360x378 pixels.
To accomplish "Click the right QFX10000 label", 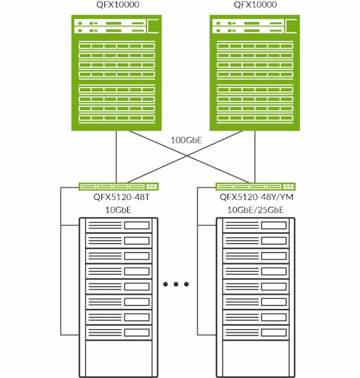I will coord(254,5).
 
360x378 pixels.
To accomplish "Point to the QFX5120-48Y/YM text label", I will coord(256,197).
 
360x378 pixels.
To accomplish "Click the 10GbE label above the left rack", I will coord(118,209).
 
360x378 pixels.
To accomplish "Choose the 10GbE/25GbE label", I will coord(256,209).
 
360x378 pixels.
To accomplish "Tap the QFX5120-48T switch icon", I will coord(118,186).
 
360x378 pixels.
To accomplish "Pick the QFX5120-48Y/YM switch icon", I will coord(256,186).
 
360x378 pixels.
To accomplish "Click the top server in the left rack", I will coord(118,226).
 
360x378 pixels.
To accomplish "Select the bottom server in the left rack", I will coord(118,332).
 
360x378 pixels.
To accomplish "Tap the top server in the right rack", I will coord(256,226).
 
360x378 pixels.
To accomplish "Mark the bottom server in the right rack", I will coord(256,332).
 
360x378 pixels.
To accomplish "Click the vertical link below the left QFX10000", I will coord(116,156).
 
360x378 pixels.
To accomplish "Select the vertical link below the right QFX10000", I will coord(254,156).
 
